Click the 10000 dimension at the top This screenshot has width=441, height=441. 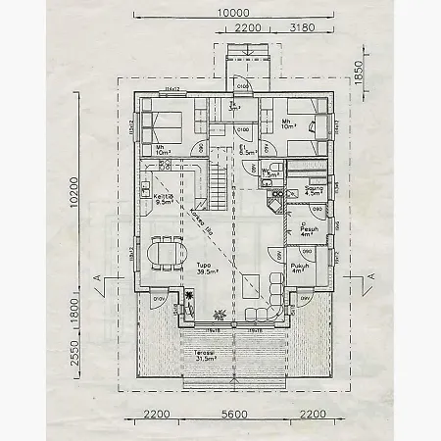pyautogui.click(x=232, y=12)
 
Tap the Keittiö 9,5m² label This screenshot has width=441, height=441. pyautogui.click(x=164, y=199)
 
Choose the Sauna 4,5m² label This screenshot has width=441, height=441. pyautogui.click(x=315, y=191)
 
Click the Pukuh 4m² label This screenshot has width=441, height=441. pyautogui.click(x=300, y=268)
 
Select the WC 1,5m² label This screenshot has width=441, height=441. pyautogui.click(x=267, y=173)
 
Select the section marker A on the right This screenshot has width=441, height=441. pyautogui.click(x=369, y=278)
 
